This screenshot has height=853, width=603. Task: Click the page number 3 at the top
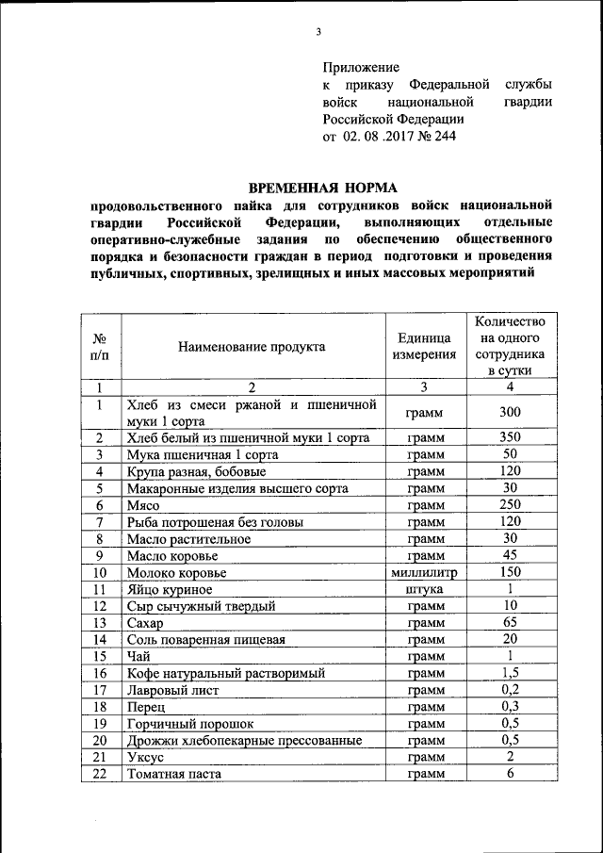[x=318, y=34]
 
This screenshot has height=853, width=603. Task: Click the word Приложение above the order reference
[x=362, y=68]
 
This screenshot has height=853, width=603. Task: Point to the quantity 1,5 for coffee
[x=510, y=673]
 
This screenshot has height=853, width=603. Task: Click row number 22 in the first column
[x=98, y=774]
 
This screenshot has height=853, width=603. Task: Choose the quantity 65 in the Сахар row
[x=510, y=623]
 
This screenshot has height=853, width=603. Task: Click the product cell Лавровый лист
[x=172, y=690]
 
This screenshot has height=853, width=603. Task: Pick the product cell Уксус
[x=144, y=757]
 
